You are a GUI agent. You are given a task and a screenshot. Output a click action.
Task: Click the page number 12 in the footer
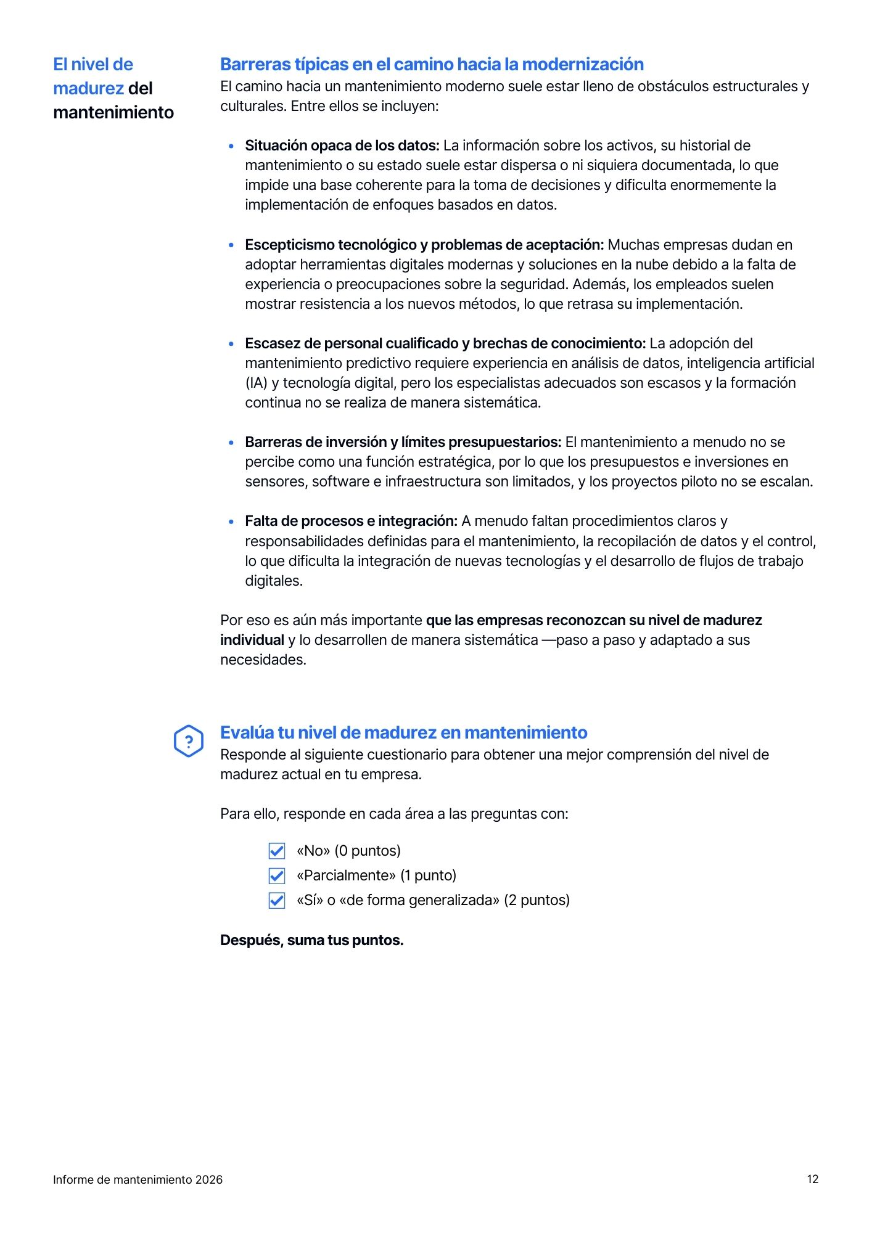pyautogui.click(x=812, y=1179)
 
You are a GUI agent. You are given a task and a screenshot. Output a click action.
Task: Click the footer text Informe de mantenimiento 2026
pyautogui.click(x=138, y=1179)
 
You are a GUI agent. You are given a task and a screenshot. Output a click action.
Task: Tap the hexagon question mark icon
pyautogui.click(x=189, y=741)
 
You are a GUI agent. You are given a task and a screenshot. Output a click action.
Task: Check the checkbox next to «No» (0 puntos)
pyautogui.click(x=277, y=851)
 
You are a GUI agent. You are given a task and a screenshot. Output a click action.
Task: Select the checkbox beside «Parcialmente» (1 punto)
pyautogui.click(x=277, y=875)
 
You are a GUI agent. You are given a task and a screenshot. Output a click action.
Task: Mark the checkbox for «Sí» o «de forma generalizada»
pyautogui.click(x=277, y=900)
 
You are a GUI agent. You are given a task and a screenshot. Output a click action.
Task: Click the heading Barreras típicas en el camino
pyautogui.click(x=432, y=64)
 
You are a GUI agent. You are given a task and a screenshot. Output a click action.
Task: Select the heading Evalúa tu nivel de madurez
pyautogui.click(x=403, y=732)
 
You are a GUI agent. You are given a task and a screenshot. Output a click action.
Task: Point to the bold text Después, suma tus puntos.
pyautogui.click(x=311, y=940)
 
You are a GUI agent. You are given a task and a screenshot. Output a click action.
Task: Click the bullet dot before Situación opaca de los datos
pyautogui.click(x=231, y=146)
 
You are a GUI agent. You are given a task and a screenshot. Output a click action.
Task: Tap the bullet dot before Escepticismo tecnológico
pyautogui.click(x=231, y=245)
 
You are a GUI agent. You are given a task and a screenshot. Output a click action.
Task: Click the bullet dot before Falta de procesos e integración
pyautogui.click(x=231, y=522)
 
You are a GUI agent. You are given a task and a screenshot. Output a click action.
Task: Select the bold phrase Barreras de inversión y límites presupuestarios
pyautogui.click(x=403, y=442)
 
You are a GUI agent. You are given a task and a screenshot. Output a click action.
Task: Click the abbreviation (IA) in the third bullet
pyautogui.click(x=256, y=383)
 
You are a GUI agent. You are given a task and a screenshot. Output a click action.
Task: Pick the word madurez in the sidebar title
pyautogui.click(x=88, y=88)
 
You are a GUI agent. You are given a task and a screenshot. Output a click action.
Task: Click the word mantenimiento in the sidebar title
pyautogui.click(x=113, y=112)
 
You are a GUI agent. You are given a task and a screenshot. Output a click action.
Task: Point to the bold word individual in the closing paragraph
pyautogui.click(x=252, y=640)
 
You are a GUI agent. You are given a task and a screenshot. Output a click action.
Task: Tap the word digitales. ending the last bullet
pyautogui.click(x=274, y=581)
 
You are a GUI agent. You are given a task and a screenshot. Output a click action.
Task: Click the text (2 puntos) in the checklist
pyautogui.click(x=537, y=900)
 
